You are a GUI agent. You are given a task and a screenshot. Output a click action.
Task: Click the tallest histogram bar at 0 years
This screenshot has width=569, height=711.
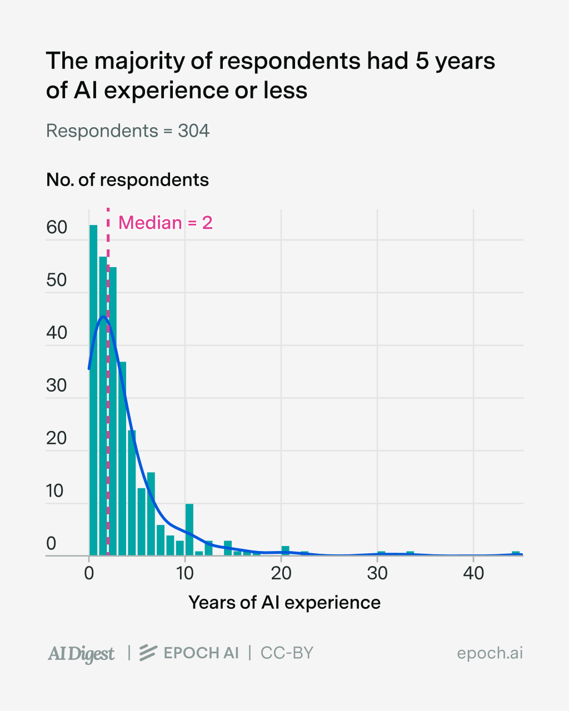[93, 389]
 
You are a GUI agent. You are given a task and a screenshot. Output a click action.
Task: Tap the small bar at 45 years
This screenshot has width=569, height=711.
[516, 553]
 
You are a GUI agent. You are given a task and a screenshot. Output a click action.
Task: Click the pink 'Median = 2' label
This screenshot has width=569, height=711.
[166, 223]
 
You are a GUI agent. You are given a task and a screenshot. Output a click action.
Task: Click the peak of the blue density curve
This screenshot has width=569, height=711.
[103, 317]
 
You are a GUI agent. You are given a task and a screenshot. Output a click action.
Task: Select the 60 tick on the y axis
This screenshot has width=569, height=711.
[57, 227]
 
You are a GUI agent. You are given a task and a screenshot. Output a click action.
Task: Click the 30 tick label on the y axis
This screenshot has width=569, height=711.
[57, 385]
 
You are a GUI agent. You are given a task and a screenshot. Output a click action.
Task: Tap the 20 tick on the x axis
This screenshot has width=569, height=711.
[281, 573]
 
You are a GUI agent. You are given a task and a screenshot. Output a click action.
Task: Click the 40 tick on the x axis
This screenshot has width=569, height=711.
[473, 573]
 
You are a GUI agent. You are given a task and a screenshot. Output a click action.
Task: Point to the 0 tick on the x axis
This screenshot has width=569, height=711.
[89, 573]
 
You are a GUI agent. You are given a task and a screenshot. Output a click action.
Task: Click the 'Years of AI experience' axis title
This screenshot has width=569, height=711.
[284, 603]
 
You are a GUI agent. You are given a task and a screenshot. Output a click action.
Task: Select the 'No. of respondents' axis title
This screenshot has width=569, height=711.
[127, 180]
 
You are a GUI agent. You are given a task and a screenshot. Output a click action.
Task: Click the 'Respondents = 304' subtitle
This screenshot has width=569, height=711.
[127, 131]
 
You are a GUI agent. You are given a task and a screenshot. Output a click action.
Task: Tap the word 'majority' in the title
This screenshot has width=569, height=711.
[133, 61]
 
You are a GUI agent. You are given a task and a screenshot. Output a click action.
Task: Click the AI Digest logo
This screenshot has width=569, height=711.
[81, 654]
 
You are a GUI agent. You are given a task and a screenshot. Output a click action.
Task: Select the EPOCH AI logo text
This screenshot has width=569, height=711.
[189, 653]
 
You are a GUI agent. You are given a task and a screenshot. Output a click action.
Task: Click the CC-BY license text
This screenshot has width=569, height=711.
[287, 653]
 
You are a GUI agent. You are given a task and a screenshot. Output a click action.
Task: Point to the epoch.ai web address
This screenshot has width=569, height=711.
[490, 653]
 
